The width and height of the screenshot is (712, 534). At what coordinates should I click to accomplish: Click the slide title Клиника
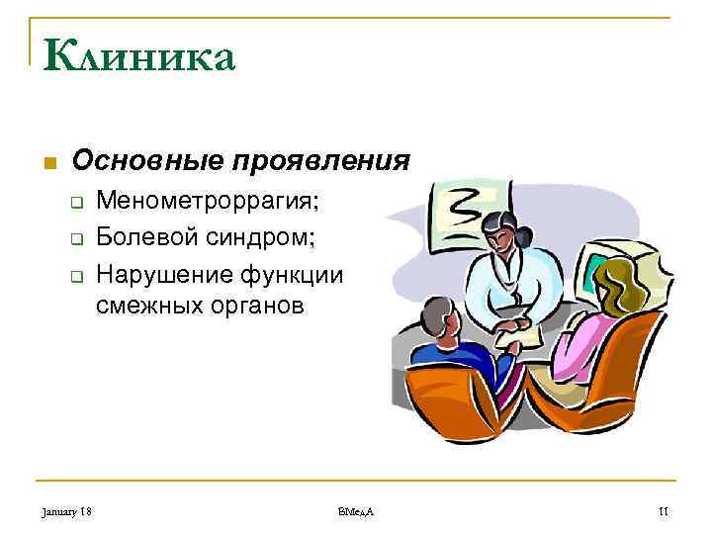click(x=139, y=57)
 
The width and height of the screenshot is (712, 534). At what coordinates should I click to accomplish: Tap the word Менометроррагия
click(x=208, y=203)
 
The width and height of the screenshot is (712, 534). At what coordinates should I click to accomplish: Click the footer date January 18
click(x=67, y=510)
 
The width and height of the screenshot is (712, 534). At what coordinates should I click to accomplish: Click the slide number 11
click(x=664, y=510)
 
